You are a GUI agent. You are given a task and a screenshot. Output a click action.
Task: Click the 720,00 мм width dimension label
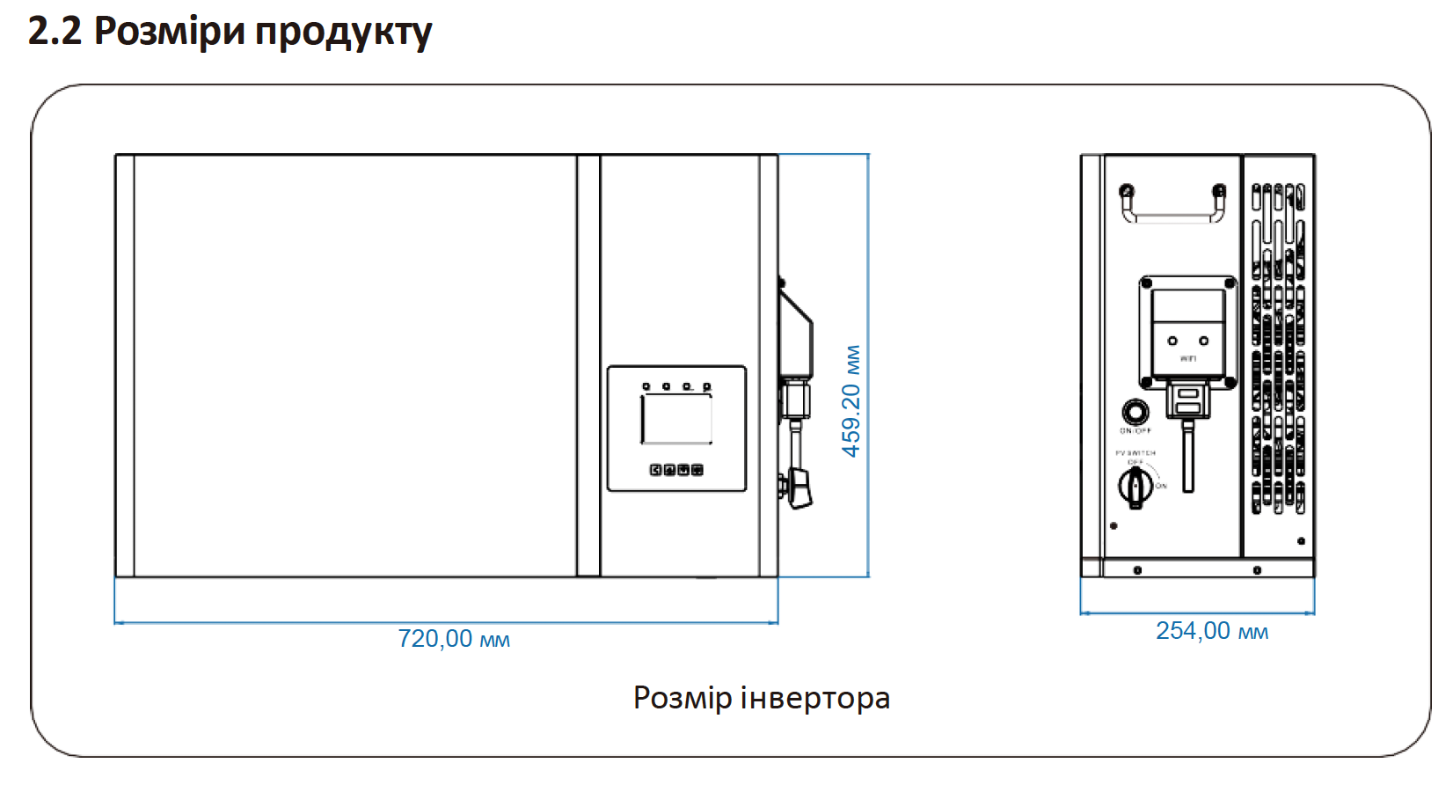454,638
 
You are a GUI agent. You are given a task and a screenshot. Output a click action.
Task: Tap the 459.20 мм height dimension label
851,401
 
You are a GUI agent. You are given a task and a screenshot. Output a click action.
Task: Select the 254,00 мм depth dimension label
1211,631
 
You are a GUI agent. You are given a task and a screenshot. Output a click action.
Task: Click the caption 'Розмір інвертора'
762,698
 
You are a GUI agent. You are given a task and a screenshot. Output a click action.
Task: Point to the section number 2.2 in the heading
55,32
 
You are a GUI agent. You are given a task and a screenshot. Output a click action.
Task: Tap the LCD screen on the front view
675,420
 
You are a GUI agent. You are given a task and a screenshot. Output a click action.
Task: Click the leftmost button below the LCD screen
655,470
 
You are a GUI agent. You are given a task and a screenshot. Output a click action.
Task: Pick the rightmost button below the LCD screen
697,470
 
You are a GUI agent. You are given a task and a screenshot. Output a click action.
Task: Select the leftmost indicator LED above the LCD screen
646,386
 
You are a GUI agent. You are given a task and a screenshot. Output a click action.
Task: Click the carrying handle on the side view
1172,206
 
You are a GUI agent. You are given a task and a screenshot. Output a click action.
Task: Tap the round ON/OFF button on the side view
1135,411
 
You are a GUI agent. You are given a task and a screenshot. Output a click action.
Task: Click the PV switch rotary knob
1135,486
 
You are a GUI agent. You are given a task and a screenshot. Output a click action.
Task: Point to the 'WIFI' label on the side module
1188,359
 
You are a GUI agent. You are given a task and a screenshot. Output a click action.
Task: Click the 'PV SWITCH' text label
1135,453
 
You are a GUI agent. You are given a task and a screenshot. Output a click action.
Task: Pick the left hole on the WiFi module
1172,341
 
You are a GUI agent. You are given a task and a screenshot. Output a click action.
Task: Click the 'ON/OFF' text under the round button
1135,431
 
